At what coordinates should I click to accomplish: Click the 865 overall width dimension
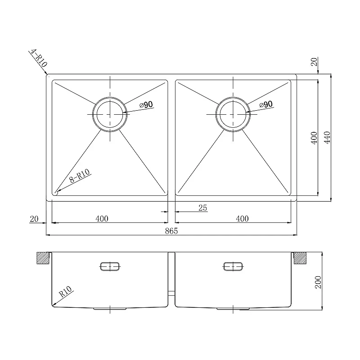tap(171, 231)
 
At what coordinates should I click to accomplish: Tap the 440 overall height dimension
tap(327, 138)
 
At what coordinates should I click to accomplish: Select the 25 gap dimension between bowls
tap(203, 208)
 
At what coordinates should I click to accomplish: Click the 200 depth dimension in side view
tap(318, 282)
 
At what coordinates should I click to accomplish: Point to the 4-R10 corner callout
tap(39, 58)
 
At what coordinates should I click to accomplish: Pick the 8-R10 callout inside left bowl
tap(80, 175)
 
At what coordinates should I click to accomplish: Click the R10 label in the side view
tap(66, 292)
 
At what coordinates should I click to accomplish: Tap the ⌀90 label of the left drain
tap(146, 105)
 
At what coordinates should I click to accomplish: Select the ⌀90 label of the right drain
tap(266, 104)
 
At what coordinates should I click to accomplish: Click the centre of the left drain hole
tap(110, 114)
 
